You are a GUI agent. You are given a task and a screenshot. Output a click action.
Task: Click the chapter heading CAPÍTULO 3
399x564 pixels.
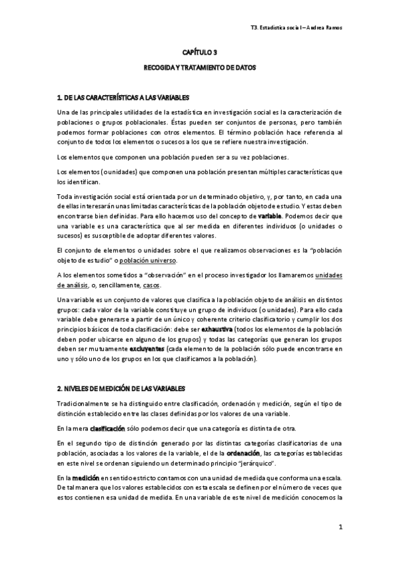click(x=200, y=51)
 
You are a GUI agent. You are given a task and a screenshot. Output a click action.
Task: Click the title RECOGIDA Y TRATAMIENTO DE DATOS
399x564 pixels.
click(x=200, y=68)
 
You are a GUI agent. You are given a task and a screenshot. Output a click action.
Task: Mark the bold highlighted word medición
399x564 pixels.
click(x=87, y=477)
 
